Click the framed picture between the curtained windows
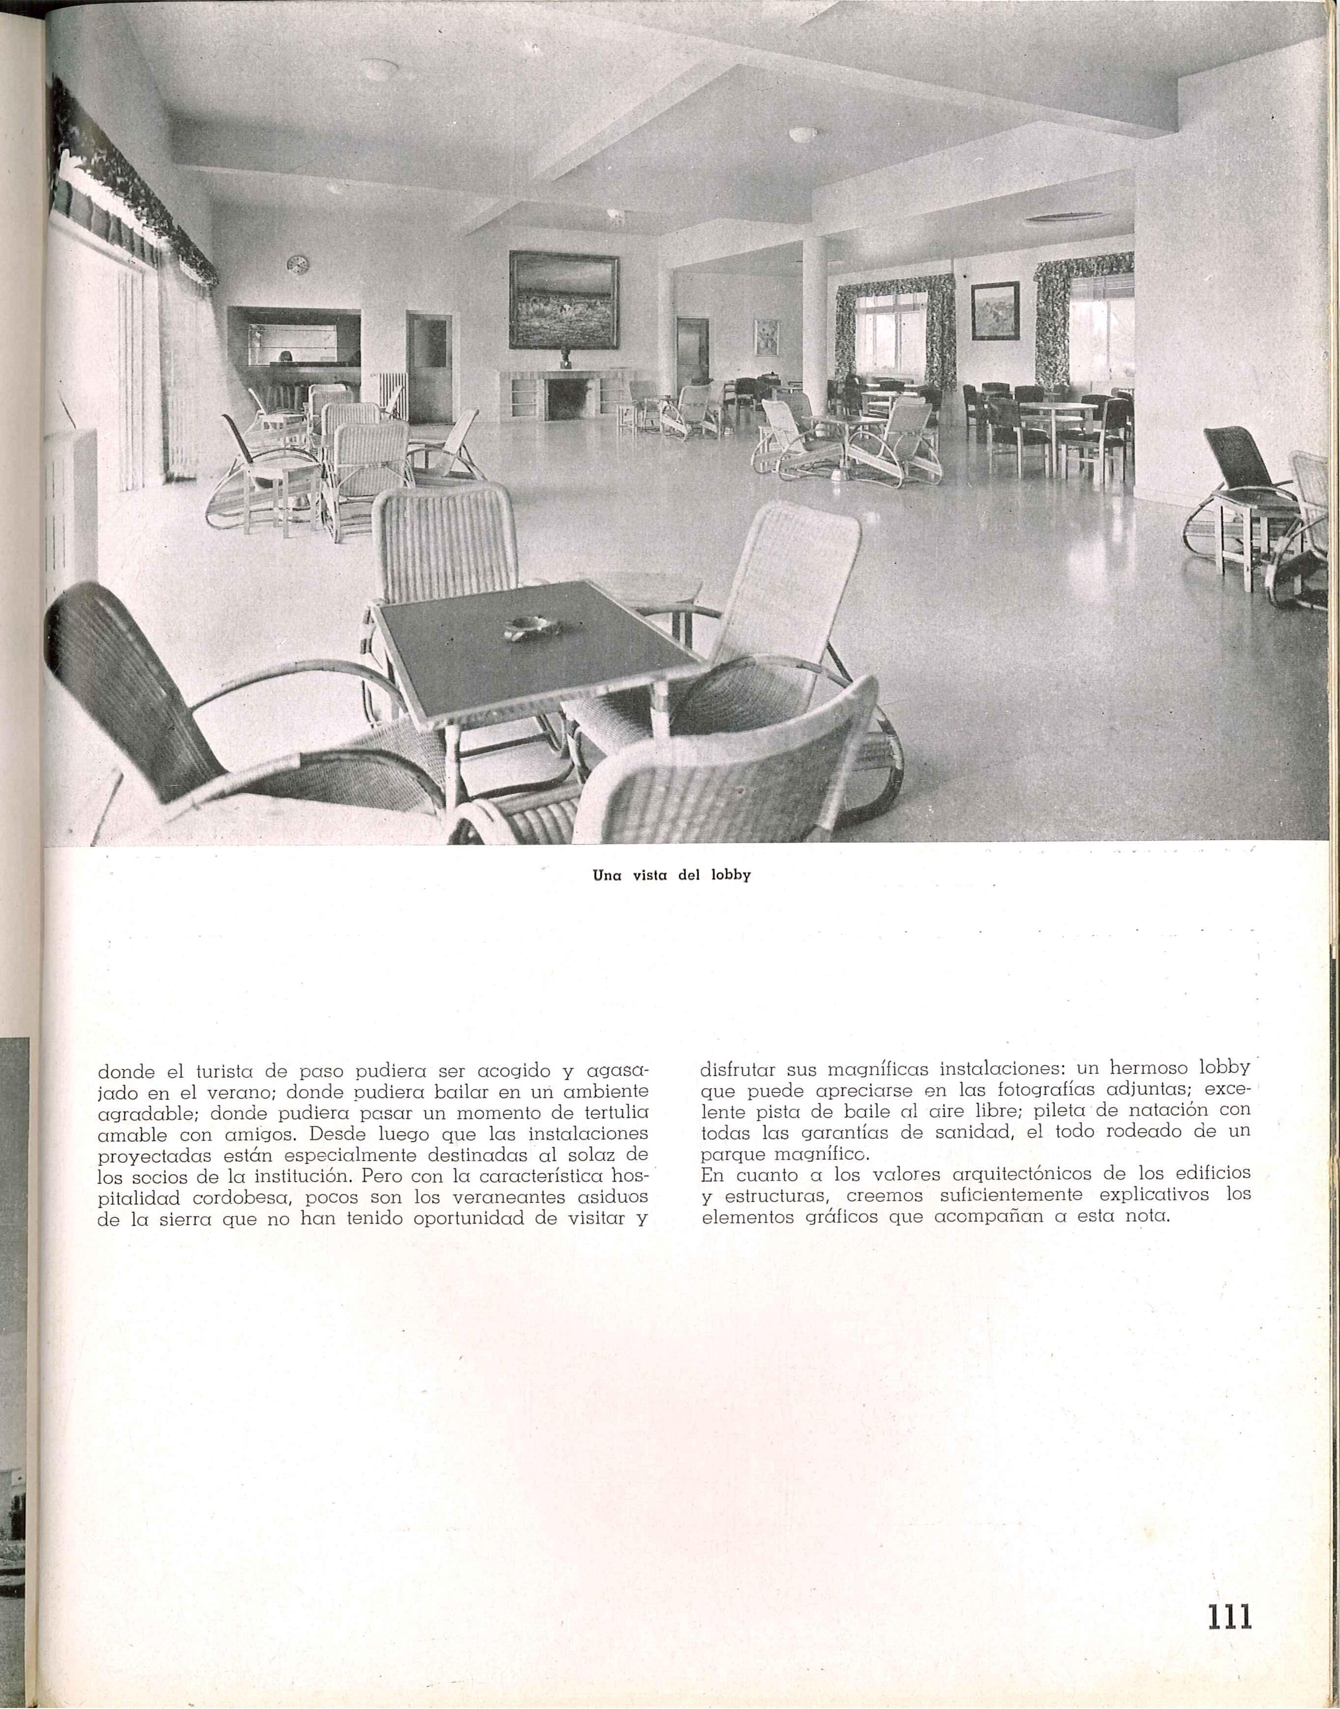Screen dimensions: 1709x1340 pyautogui.click(x=995, y=311)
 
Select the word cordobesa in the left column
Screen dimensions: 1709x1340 pyautogui.click(x=234, y=1197)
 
